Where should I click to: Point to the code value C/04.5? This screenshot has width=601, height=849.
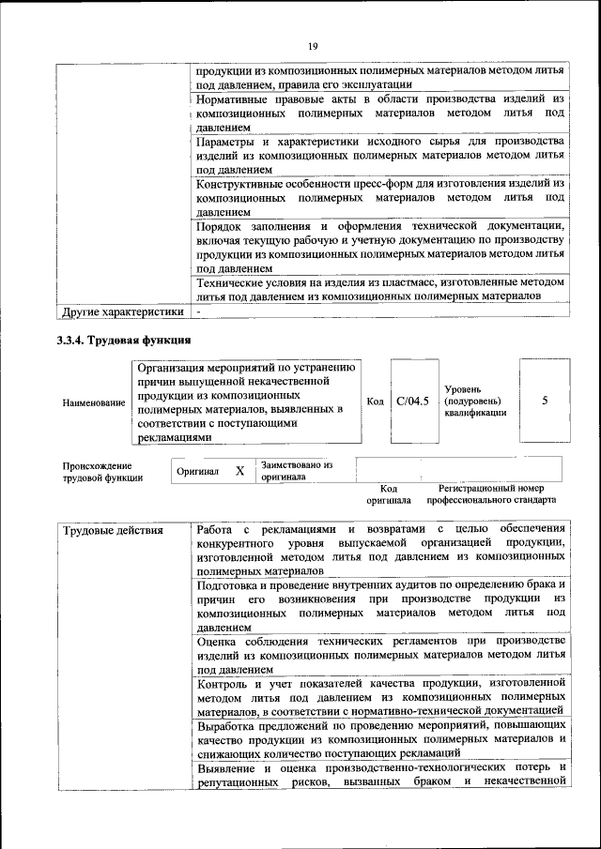coord(412,402)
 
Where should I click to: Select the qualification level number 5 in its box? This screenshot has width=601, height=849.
coord(545,402)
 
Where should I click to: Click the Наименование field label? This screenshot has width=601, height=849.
coord(94,402)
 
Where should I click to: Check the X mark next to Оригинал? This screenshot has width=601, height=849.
coord(239,471)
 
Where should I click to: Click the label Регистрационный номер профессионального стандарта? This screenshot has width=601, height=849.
coord(491,494)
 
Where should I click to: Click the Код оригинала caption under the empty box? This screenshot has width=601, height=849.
coord(389,494)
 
